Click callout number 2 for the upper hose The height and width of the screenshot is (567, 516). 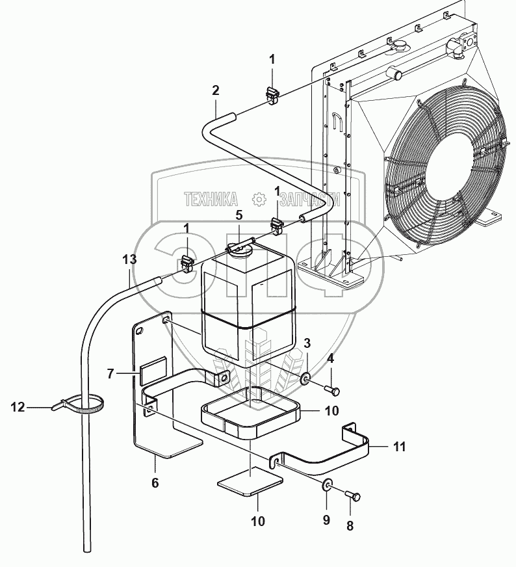click(x=215, y=90)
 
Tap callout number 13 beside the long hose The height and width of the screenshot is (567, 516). click(x=129, y=259)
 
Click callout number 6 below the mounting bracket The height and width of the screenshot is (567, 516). click(x=155, y=482)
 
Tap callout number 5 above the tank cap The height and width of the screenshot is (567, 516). click(x=239, y=214)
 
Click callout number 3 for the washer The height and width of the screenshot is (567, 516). click(x=307, y=343)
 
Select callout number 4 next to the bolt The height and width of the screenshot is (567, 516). click(x=330, y=358)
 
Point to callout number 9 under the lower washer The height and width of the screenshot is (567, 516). click(x=326, y=520)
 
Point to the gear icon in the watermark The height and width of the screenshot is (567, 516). click(x=258, y=198)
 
